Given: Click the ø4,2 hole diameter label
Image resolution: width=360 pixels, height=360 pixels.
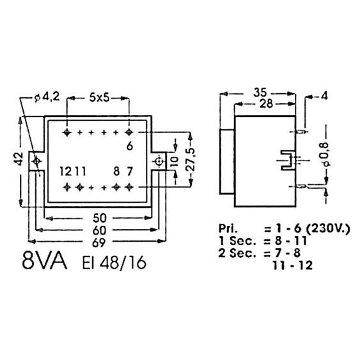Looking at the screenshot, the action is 47,97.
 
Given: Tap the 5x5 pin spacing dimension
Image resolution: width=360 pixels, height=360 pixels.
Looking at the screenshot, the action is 99,98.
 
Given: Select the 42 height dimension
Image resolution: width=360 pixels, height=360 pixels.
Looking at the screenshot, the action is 19,159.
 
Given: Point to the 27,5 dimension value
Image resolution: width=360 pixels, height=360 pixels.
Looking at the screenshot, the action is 191,160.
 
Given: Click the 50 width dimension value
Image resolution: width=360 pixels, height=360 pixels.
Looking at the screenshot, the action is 100,218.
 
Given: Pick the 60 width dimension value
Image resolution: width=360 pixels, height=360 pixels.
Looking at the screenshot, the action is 99,230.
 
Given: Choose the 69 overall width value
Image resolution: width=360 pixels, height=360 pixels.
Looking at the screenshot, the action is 99,243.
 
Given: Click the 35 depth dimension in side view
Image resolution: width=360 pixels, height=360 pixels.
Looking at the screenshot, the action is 260,92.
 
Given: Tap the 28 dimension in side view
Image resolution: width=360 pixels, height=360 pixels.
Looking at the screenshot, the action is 266,104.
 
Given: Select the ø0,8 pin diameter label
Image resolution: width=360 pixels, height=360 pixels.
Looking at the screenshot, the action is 325,154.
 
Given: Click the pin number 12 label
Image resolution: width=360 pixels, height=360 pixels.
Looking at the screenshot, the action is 66,171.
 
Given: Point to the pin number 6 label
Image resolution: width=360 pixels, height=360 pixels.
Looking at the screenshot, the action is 130,146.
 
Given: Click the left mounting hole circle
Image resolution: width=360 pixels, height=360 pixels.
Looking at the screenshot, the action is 36,161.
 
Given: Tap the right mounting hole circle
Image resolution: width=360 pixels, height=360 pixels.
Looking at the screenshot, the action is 159,162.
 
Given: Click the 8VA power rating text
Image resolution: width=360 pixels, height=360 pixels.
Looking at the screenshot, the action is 45,261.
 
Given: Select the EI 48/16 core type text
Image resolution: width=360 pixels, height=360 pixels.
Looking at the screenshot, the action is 114,262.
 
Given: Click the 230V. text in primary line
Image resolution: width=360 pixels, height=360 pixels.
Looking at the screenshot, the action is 328,228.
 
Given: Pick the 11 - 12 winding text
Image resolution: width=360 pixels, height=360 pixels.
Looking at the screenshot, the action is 293,265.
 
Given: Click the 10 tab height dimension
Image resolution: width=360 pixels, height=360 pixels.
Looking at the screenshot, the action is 175,161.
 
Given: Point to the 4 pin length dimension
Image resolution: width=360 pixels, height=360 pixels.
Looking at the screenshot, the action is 324,96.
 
